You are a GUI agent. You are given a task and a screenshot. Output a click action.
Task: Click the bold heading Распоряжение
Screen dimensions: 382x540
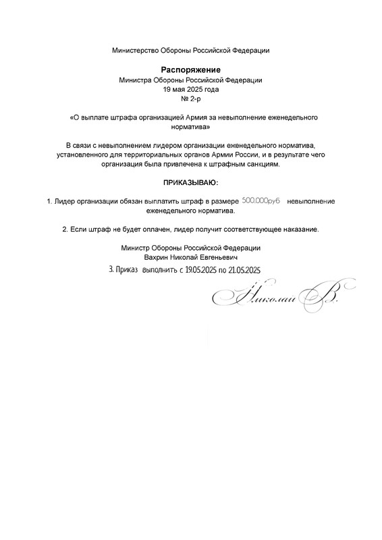(191, 70)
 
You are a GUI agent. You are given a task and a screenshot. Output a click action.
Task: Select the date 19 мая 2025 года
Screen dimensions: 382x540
(191, 89)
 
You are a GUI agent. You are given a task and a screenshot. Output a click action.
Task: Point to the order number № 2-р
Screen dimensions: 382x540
(191, 99)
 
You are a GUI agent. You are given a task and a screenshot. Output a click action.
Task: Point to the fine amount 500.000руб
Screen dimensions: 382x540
(261, 201)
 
